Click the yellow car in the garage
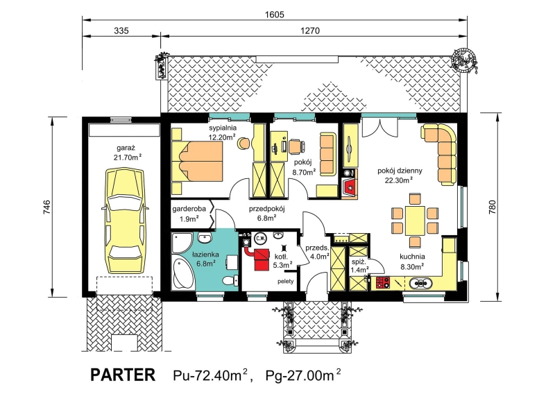pyautogui.click(x=126, y=220)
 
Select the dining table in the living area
pyautogui.click(x=415, y=220)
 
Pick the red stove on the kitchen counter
pyautogui.click(x=383, y=282)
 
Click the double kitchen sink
pyautogui.click(x=420, y=283)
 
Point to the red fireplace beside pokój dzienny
pyautogui.click(x=350, y=187)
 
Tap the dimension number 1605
pyautogui.click(x=274, y=15)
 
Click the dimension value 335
pyautogui.click(x=121, y=31)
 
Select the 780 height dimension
pyautogui.click(x=492, y=207)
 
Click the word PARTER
pyautogui.click(x=123, y=375)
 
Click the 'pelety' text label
pyautogui.click(x=286, y=282)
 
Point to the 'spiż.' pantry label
pyautogui.click(x=357, y=262)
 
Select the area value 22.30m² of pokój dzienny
pyautogui.click(x=400, y=180)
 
